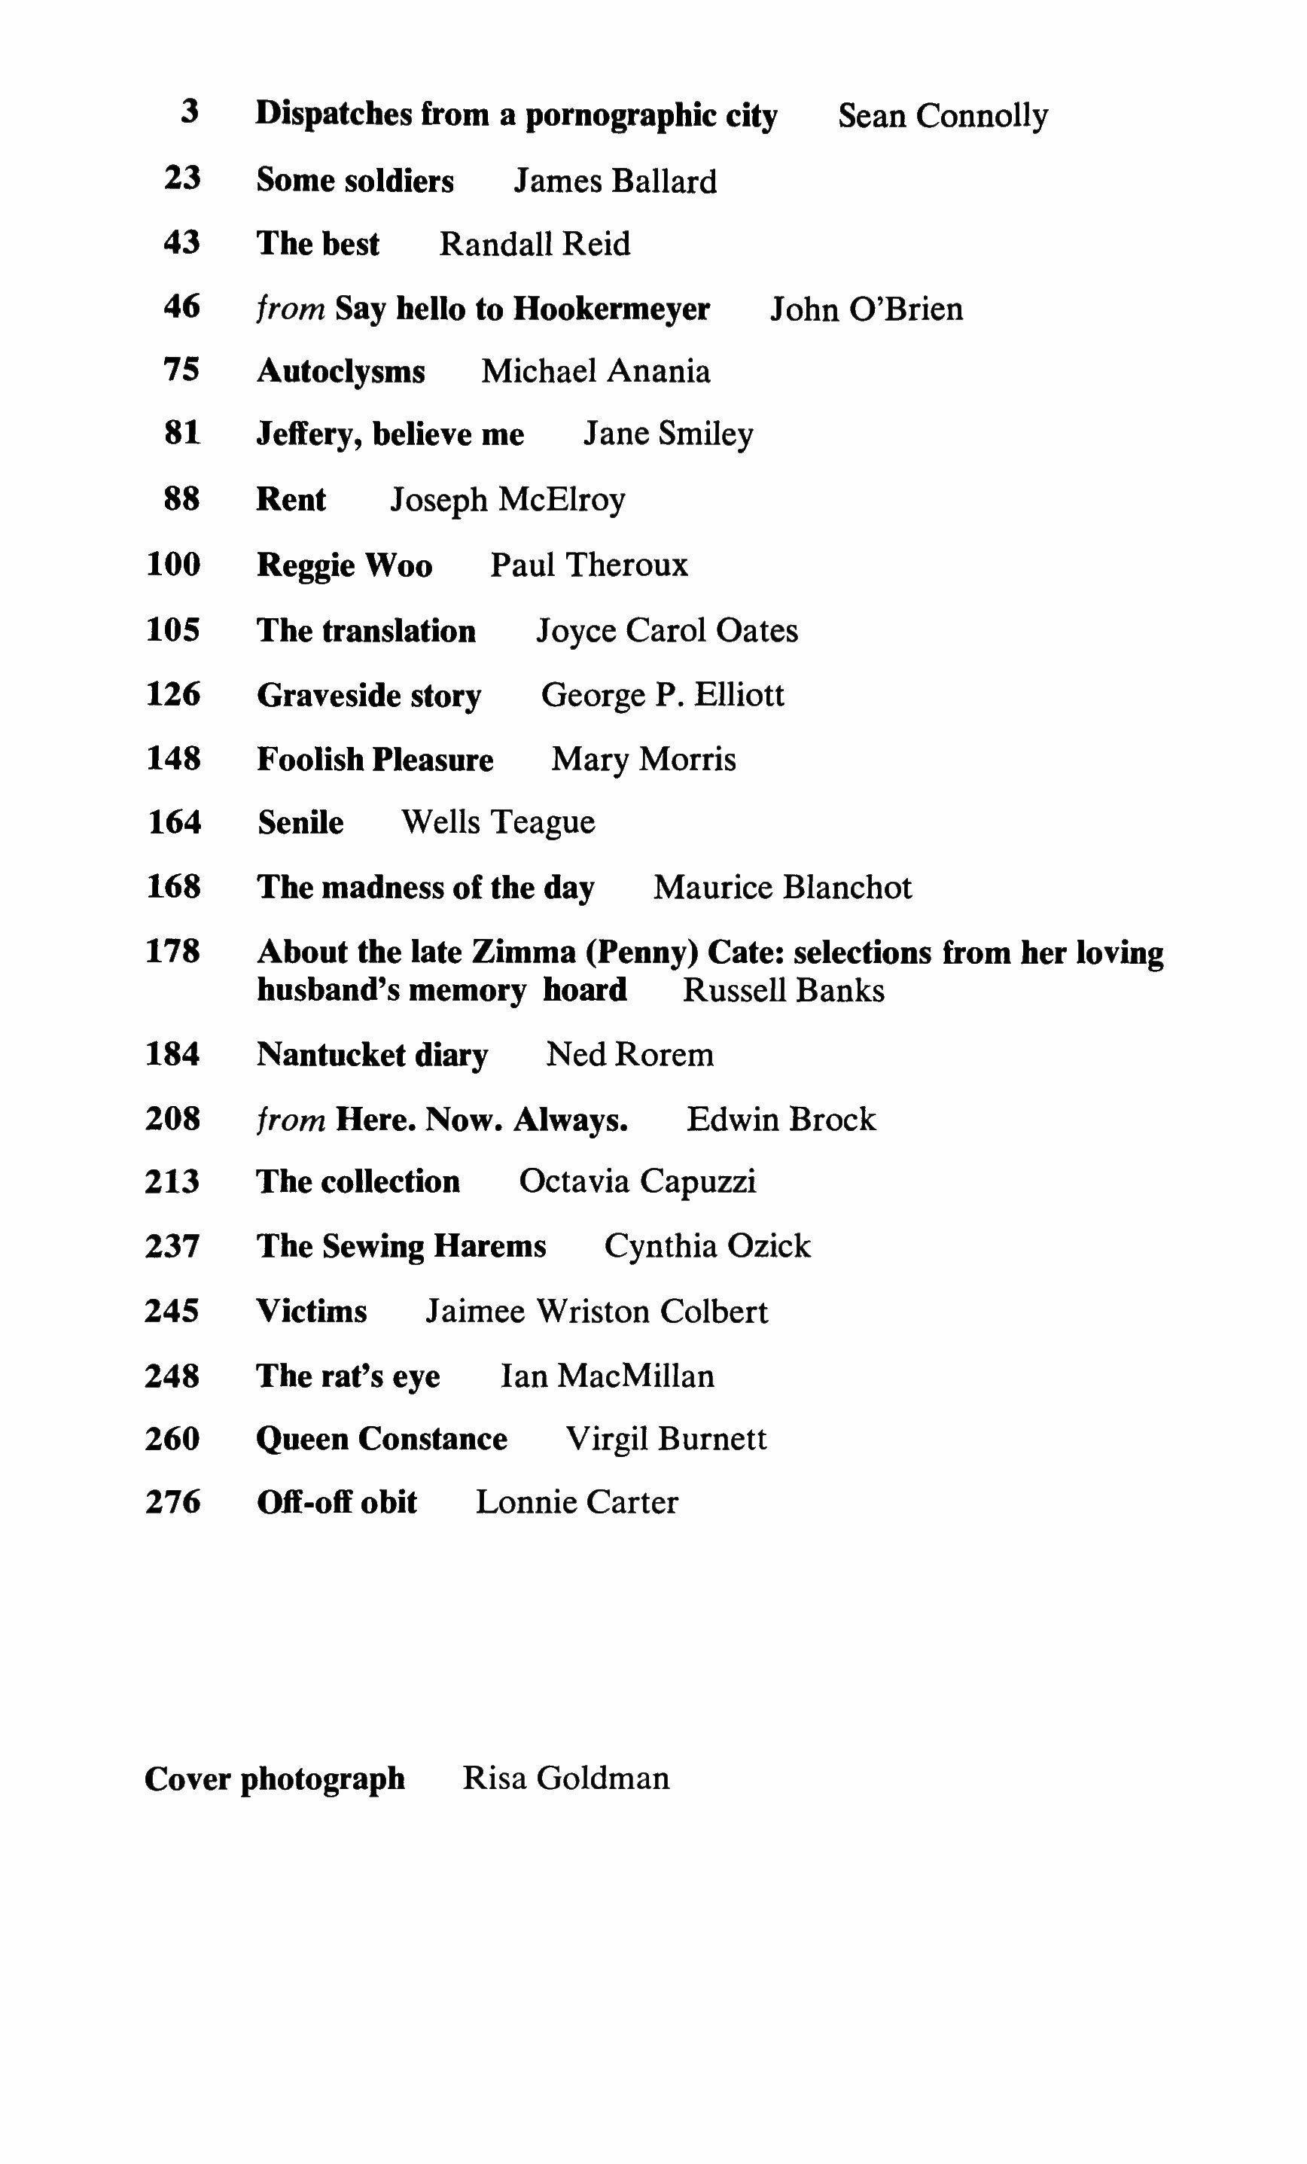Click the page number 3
[190, 112]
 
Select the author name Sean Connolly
[943, 116]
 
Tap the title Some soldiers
[355, 181]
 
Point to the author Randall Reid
[534, 244]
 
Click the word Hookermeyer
[611, 309]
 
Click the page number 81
[183, 434]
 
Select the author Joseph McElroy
[507, 500]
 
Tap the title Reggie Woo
[344, 565]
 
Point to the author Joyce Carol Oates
[667, 630]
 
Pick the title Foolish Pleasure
[375, 760]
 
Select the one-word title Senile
[300, 823]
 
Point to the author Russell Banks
[783, 991]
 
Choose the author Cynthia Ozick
[707, 1246]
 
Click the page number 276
[174, 1503]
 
